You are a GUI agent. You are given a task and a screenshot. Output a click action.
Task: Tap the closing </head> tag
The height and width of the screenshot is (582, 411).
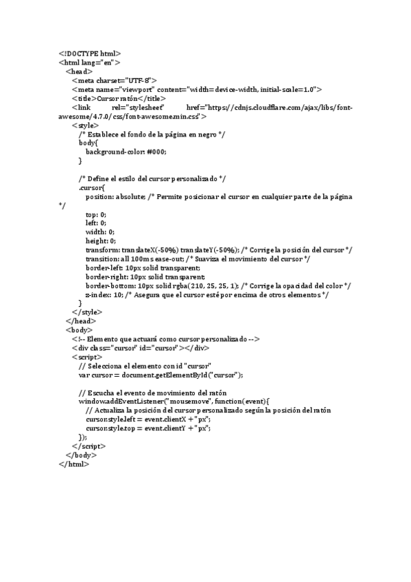[x=80, y=321]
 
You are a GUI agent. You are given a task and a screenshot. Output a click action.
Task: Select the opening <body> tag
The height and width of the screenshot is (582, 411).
[x=79, y=329]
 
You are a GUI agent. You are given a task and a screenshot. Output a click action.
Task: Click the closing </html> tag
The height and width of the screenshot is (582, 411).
[x=74, y=463]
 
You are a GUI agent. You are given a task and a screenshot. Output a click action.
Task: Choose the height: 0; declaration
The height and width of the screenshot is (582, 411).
[x=101, y=240]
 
